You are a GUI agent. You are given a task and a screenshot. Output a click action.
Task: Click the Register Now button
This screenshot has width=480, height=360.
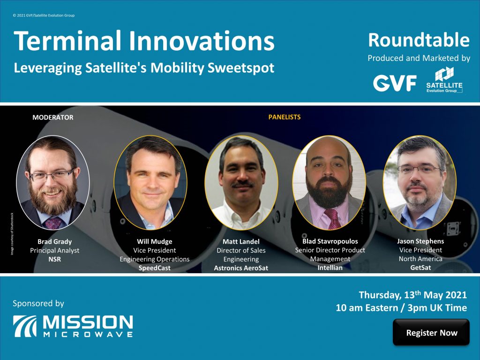431,333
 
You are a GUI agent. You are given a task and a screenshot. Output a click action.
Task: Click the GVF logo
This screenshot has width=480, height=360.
395,83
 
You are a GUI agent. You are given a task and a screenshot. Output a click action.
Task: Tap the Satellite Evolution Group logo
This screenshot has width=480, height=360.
444,80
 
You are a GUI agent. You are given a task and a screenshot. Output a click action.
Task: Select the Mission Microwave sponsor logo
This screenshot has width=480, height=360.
73,326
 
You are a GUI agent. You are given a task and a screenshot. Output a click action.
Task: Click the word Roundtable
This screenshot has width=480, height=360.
419,41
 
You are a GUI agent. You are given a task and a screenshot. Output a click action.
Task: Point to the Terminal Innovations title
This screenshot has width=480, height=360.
144,42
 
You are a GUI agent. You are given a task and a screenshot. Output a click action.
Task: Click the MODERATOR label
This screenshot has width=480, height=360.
52,117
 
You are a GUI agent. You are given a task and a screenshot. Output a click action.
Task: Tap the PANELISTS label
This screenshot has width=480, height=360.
284,117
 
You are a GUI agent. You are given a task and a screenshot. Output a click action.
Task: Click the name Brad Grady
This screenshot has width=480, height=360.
54,242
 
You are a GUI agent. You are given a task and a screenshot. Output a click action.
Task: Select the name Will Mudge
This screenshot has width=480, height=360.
154,242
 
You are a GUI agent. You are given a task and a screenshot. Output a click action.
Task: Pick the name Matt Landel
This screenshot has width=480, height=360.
241,242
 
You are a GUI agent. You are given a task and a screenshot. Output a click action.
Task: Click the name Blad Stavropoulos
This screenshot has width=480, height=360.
330,241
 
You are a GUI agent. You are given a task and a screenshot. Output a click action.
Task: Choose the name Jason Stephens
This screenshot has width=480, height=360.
420,241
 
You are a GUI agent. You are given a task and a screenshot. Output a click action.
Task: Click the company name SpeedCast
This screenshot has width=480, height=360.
154,268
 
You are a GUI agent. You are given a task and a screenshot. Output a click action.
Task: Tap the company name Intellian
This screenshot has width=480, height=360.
330,268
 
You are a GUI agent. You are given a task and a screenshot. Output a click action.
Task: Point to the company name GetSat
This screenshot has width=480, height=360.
420,268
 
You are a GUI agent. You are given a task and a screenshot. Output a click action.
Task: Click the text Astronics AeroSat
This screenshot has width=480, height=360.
241,268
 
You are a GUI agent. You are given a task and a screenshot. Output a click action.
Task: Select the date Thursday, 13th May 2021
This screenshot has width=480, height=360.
412,295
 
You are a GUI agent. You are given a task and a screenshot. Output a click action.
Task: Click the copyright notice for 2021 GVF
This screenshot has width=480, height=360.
44,15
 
